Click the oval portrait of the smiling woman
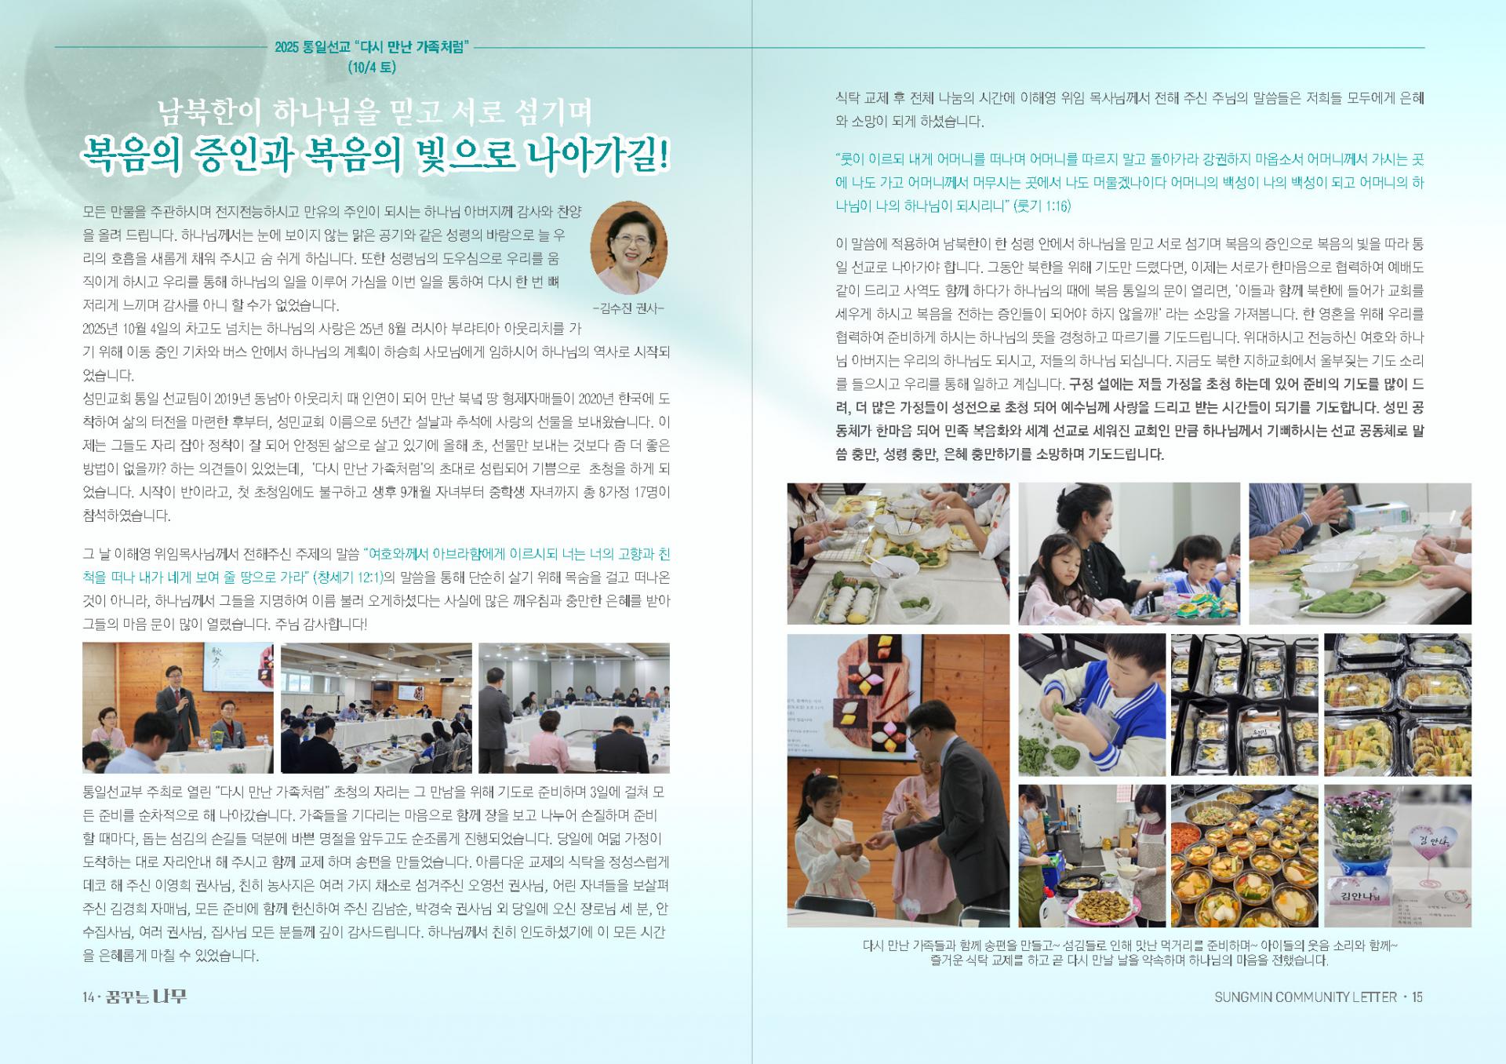[x=628, y=247]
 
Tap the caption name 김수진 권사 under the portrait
[x=628, y=308]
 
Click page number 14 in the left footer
[x=89, y=997]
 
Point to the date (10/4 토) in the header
[x=373, y=67]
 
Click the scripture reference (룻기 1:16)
[x=1042, y=206]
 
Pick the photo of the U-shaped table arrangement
[x=376, y=708]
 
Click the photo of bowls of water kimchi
[x=1244, y=855]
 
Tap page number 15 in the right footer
[x=1417, y=997]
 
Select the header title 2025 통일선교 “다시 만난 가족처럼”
[x=372, y=47]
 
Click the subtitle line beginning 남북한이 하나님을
[x=375, y=112]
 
